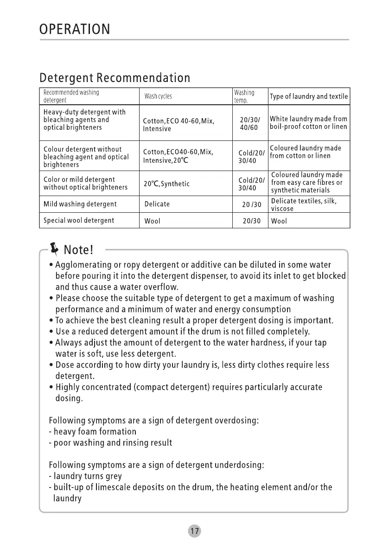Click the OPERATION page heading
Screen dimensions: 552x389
click(x=75, y=30)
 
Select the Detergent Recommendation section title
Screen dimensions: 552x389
click(x=115, y=77)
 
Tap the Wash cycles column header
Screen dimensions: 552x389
click(x=158, y=96)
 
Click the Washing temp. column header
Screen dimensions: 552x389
click(x=244, y=96)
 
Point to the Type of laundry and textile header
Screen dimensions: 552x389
click(x=308, y=96)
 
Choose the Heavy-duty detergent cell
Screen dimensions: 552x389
click(x=84, y=120)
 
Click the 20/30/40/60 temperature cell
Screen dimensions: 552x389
click(x=249, y=124)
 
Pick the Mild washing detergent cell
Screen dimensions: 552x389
click(x=80, y=204)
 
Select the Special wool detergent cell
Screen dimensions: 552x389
click(x=78, y=221)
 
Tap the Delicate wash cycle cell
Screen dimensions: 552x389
click(x=157, y=204)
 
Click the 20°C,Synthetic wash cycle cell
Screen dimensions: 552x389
click(x=166, y=184)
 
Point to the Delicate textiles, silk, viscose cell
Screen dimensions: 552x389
click(x=304, y=204)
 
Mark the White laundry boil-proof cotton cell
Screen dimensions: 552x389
click(x=308, y=123)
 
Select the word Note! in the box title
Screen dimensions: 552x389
click(x=79, y=250)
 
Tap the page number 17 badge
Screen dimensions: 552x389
click(x=195, y=531)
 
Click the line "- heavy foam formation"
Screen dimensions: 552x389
click(x=93, y=432)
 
